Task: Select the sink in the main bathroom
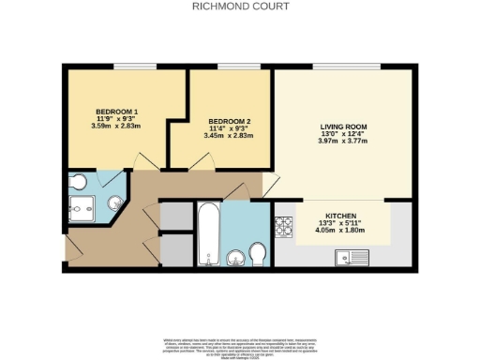coord(234,256)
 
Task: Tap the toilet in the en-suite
coord(79,181)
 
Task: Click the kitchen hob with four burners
coord(283,226)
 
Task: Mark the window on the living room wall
coord(342,67)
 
